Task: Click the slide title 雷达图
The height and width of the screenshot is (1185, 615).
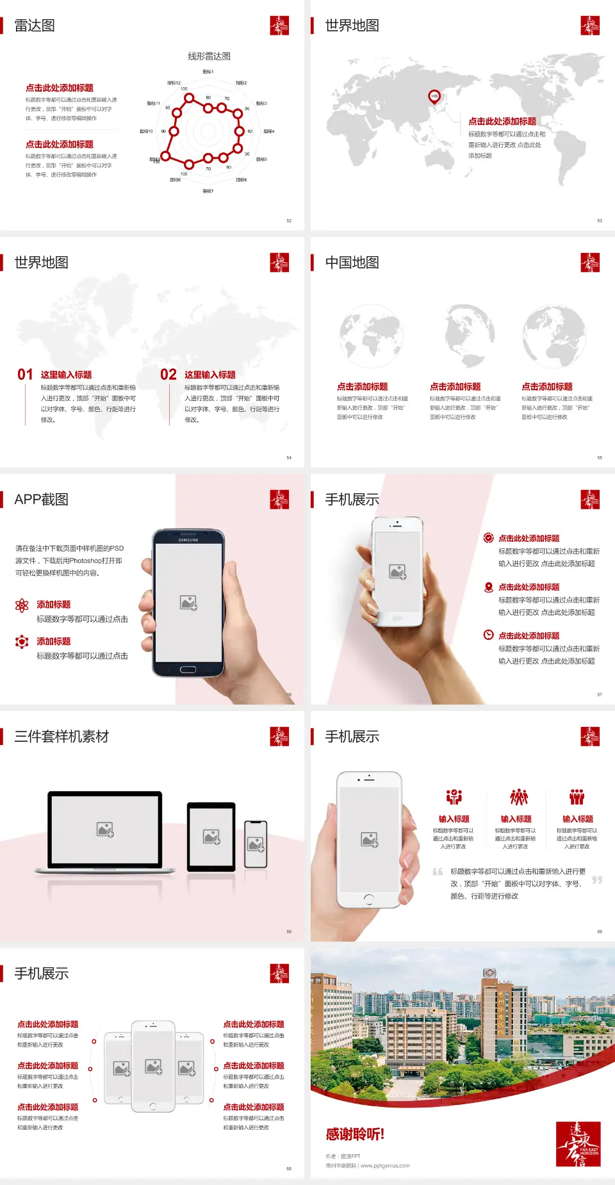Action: pos(35,26)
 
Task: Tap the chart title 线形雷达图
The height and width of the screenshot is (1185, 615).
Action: pos(209,56)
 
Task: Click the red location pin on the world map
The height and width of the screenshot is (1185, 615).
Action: pos(434,96)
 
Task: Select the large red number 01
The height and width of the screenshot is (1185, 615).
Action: pos(25,375)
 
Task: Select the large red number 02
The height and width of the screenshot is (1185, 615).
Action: pos(168,375)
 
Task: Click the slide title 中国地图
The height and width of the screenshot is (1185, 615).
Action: pos(352,263)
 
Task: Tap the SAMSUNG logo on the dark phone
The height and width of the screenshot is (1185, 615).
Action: pos(188,540)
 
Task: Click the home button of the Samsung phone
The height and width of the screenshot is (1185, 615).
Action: pos(188,669)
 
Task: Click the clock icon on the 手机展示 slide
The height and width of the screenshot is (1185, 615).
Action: pos(488,635)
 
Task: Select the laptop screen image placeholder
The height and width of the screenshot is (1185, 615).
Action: pos(105,829)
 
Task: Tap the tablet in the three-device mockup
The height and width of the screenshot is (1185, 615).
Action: pos(211,836)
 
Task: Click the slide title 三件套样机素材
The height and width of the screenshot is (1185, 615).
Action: pos(61,737)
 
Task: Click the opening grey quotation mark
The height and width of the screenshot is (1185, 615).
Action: pos(438,872)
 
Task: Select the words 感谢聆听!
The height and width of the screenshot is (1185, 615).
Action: pos(355,1134)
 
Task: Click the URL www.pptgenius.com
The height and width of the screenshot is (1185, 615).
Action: pos(385,1166)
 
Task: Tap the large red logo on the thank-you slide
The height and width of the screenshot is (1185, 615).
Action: pos(578,1144)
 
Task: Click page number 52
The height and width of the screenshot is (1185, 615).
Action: pos(289,220)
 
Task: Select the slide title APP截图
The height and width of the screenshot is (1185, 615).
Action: pos(41,500)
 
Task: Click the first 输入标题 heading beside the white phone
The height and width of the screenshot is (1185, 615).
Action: pos(454,819)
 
